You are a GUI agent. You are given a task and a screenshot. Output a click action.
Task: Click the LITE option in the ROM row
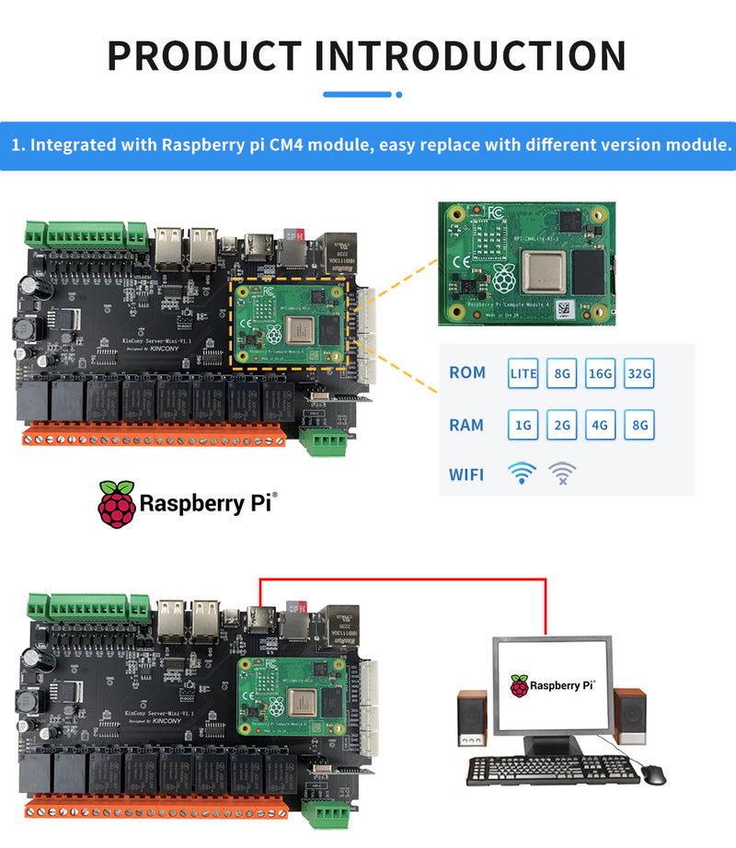coord(523,373)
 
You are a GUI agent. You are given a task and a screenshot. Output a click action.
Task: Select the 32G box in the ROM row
coord(639,373)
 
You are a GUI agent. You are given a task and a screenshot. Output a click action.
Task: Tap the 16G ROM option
coord(601,373)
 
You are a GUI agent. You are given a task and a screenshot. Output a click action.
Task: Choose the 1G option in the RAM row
coord(523,425)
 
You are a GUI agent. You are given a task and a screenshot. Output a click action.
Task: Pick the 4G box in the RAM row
coord(601,425)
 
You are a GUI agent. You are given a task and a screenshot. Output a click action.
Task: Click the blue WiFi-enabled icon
coord(522,474)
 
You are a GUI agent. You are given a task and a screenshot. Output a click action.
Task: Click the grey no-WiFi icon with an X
coord(563,474)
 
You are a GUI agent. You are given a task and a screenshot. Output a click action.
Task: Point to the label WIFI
coord(466,476)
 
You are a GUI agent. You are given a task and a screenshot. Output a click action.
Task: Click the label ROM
coord(467,373)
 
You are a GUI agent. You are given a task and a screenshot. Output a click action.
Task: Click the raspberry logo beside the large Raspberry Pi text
coord(116,503)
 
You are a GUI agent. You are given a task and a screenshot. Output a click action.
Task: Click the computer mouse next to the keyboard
coord(652,774)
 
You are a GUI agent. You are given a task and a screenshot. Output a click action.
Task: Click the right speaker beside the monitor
coord(630,718)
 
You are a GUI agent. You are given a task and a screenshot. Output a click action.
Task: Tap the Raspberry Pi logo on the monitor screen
coord(521,685)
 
